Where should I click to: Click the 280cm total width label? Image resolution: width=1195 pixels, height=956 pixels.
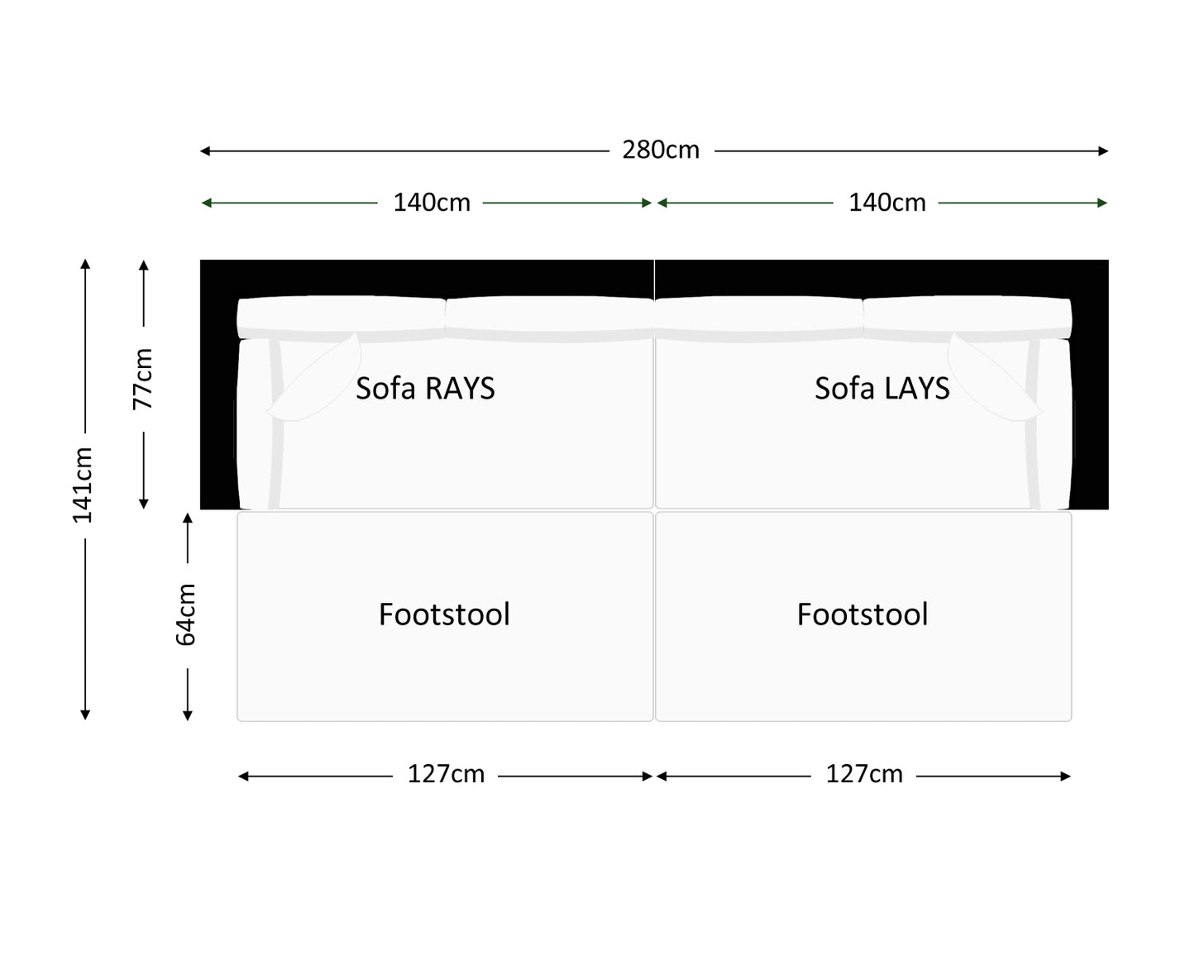(661, 150)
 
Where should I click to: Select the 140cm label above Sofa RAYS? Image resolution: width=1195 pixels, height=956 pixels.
(431, 203)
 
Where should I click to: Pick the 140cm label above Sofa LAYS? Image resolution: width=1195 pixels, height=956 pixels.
(887, 203)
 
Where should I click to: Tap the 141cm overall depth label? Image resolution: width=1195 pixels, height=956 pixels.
(83, 485)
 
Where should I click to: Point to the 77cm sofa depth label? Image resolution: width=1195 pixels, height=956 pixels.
(143, 379)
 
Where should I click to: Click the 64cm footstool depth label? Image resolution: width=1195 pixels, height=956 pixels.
(186, 614)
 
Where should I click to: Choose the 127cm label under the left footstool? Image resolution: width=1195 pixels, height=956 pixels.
(446, 774)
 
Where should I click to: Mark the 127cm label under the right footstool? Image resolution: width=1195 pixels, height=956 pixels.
(864, 774)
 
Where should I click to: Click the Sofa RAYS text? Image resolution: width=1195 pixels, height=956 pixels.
(425, 389)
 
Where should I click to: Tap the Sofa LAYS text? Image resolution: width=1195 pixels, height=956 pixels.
(882, 389)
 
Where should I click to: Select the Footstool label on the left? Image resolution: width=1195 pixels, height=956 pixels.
(444, 614)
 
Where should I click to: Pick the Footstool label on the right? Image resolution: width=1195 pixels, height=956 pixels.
(863, 614)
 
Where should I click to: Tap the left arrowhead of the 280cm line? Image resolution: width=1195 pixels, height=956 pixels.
(205, 151)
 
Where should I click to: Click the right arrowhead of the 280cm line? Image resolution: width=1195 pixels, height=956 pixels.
(1103, 151)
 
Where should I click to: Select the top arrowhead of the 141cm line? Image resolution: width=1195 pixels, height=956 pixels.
(85, 264)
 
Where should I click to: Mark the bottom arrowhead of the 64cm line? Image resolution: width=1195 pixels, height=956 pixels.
(188, 715)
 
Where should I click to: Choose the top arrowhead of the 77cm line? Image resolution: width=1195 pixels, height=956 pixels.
(144, 265)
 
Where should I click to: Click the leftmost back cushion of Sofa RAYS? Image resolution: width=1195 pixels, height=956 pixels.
(341, 317)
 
